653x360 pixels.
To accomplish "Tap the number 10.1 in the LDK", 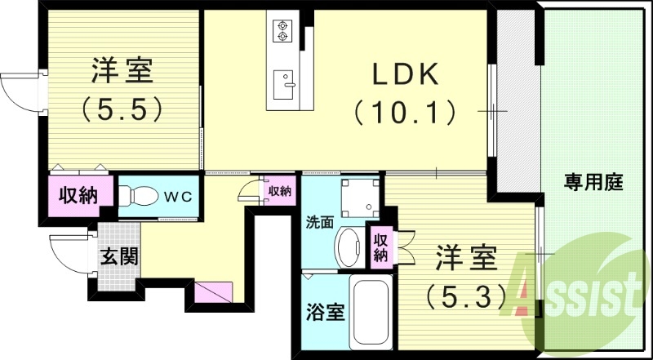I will pyautogui.click(x=405, y=110).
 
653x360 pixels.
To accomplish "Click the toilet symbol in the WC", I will pyautogui.click(x=140, y=197).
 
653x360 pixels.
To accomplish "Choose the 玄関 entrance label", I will pyautogui.click(x=118, y=256).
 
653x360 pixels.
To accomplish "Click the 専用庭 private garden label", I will pyautogui.click(x=593, y=183).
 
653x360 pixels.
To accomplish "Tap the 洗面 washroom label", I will pyautogui.click(x=319, y=221).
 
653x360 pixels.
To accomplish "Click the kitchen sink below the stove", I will pyautogui.click(x=282, y=82).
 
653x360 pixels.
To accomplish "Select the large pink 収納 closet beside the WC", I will pyautogui.click(x=78, y=196).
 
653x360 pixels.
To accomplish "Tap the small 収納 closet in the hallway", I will pyautogui.click(x=279, y=190).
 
